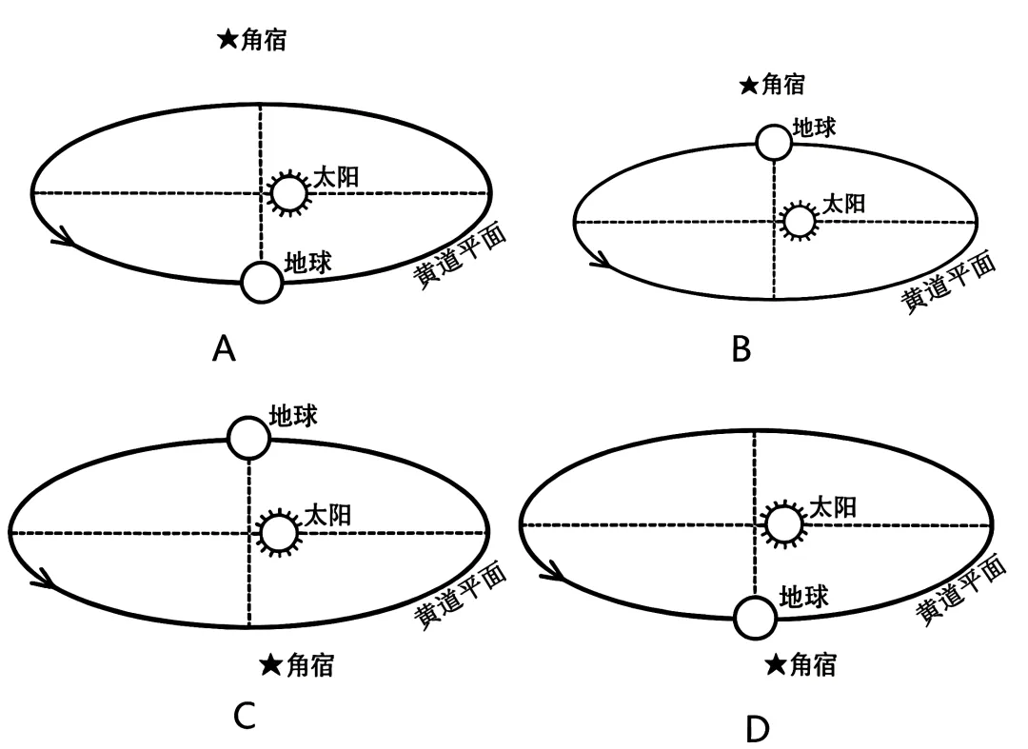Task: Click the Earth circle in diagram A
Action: point(262,282)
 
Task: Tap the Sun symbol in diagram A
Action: point(288,193)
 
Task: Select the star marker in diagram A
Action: point(227,40)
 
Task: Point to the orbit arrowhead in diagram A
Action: point(65,234)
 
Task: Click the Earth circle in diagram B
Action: point(774,143)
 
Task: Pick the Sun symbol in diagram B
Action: point(799,221)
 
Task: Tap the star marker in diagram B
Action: point(749,86)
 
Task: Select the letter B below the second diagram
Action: point(741,349)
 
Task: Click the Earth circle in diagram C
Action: point(249,437)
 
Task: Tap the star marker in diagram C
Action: point(271,665)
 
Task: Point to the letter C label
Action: point(245,715)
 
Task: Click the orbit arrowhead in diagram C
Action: point(41,578)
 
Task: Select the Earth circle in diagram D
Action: point(756,617)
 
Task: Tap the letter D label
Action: point(757,729)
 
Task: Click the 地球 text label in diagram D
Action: point(803,597)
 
